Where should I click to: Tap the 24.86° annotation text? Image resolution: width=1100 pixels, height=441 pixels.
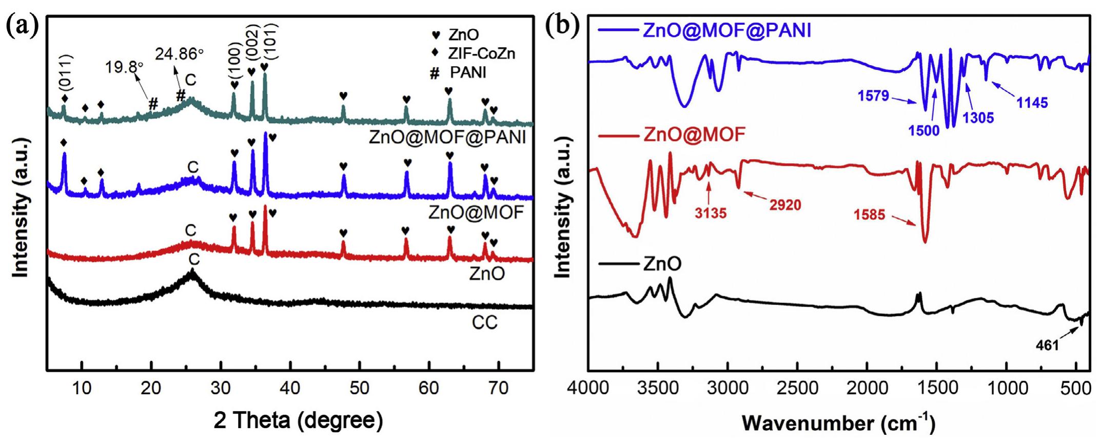tap(179, 53)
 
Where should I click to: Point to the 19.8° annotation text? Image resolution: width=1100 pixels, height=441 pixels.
tap(124, 67)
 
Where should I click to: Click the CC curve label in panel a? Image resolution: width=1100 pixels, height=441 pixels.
tap(485, 322)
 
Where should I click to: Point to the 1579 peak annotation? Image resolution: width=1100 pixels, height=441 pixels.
tap(873, 95)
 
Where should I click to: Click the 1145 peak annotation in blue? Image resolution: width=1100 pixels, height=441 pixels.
tap(1032, 103)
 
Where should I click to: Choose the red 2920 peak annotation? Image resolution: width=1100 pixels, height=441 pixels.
tap(785, 205)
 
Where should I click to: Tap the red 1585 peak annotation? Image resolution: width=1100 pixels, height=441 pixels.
tap(870, 215)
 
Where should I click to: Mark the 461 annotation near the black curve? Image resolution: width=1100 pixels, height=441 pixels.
tap(1047, 346)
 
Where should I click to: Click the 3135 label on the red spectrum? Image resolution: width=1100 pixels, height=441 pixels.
tap(711, 213)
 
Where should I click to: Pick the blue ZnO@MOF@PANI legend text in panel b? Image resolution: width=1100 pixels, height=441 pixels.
tap(726, 31)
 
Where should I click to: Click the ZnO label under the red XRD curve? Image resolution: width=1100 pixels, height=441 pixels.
tap(487, 274)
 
